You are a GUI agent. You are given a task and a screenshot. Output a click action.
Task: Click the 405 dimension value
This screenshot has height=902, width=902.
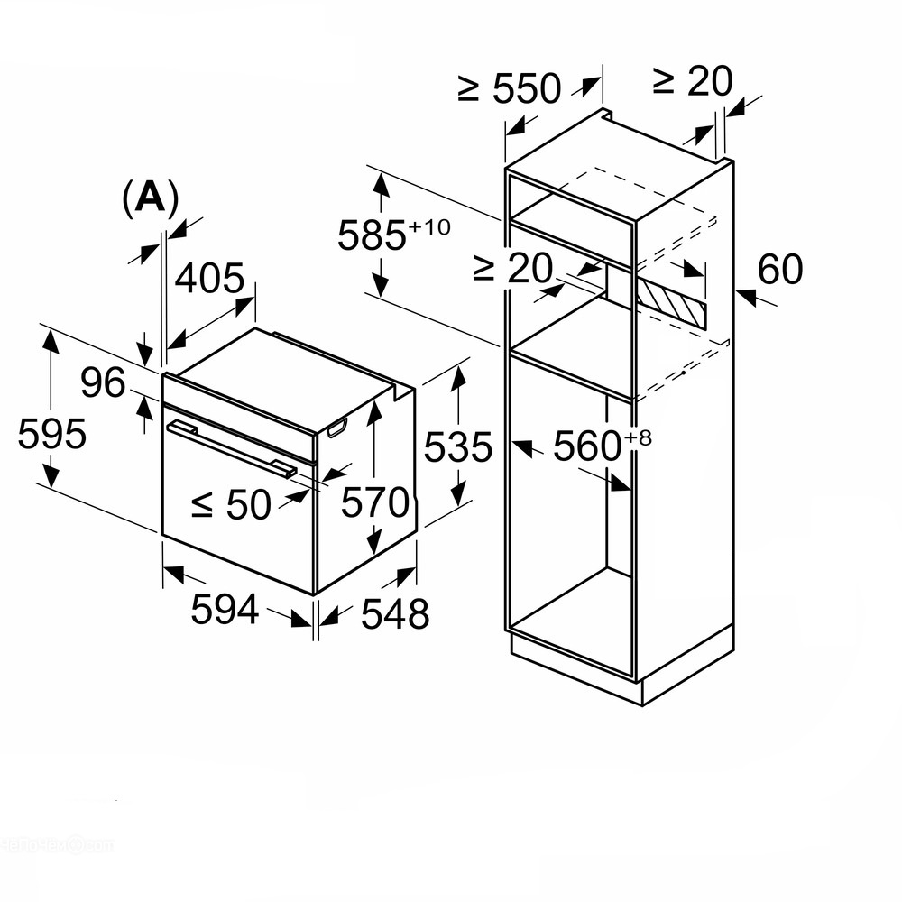click(209, 279)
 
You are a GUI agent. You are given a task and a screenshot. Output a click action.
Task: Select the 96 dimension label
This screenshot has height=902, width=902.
click(103, 382)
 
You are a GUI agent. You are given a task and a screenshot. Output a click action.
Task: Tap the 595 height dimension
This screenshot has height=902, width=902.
click(51, 433)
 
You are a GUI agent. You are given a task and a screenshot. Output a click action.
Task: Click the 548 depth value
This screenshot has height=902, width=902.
click(395, 613)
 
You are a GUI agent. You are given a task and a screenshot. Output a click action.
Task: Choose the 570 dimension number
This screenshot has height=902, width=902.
click(374, 502)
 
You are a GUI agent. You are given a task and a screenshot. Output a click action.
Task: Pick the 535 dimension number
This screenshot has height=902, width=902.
click(458, 447)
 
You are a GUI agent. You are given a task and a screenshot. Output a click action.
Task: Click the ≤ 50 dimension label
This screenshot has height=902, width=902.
click(231, 505)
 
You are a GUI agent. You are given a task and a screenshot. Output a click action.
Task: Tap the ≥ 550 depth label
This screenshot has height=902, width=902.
click(509, 88)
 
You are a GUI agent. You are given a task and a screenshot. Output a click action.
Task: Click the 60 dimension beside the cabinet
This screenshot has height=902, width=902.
click(780, 269)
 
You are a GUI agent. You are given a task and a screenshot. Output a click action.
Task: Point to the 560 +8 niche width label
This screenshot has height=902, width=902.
click(603, 445)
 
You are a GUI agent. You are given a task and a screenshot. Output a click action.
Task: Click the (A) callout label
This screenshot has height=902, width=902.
click(151, 198)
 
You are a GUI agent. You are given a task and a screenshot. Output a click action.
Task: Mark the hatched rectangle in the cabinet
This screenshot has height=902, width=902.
click(671, 302)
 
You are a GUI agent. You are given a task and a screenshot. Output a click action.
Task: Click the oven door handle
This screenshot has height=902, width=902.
click(231, 449)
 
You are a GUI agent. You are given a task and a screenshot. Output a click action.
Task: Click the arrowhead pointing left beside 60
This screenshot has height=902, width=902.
click(746, 296)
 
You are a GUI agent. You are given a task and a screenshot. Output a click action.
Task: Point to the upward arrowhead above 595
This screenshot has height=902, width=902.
click(51, 342)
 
